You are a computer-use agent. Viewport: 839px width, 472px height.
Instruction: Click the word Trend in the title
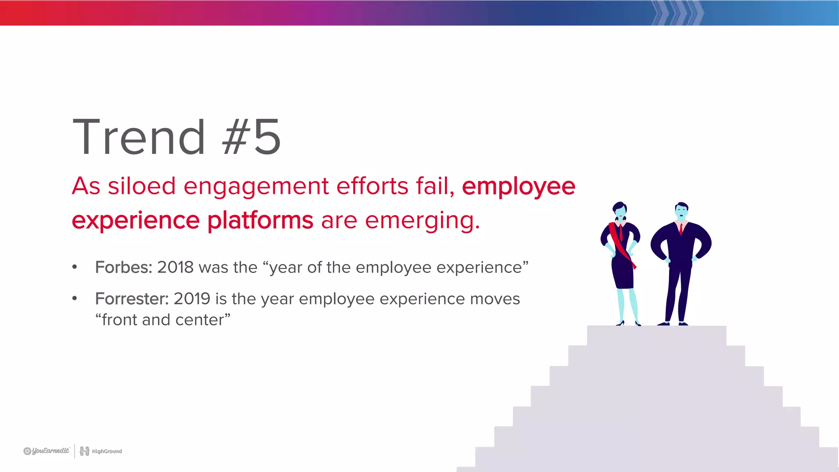pyautogui.click(x=138, y=137)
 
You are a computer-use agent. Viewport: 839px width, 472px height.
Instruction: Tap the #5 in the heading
pyautogui.click(x=251, y=137)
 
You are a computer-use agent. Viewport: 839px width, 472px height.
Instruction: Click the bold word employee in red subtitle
pyautogui.click(x=518, y=186)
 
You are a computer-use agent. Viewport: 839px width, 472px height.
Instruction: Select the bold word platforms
pyautogui.click(x=260, y=220)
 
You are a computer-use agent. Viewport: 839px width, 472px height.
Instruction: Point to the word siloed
pyautogui.click(x=142, y=186)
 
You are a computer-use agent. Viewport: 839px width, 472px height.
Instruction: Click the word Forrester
pyautogui.click(x=132, y=299)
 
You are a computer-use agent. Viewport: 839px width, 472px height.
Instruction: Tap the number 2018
pyautogui.click(x=175, y=268)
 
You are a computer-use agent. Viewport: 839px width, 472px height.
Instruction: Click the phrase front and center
pyautogui.click(x=163, y=320)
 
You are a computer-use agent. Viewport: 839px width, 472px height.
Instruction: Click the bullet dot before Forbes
pyautogui.click(x=75, y=267)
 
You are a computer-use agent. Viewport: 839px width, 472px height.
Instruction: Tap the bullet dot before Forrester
pyautogui.click(x=75, y=299)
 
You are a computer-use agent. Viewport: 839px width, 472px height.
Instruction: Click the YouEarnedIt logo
pyautogui.click(x=47, y=451)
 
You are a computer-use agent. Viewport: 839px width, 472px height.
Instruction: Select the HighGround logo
pyautogui.click(x=101, y=451)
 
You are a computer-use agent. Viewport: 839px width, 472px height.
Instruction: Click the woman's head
pyautogui.click(x=620, y=211)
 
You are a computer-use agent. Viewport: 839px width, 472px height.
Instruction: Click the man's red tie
pyautogui.click(x=681, y=229)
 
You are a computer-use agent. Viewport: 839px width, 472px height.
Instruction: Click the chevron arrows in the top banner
pyautogui.click(x=678, y=13)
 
